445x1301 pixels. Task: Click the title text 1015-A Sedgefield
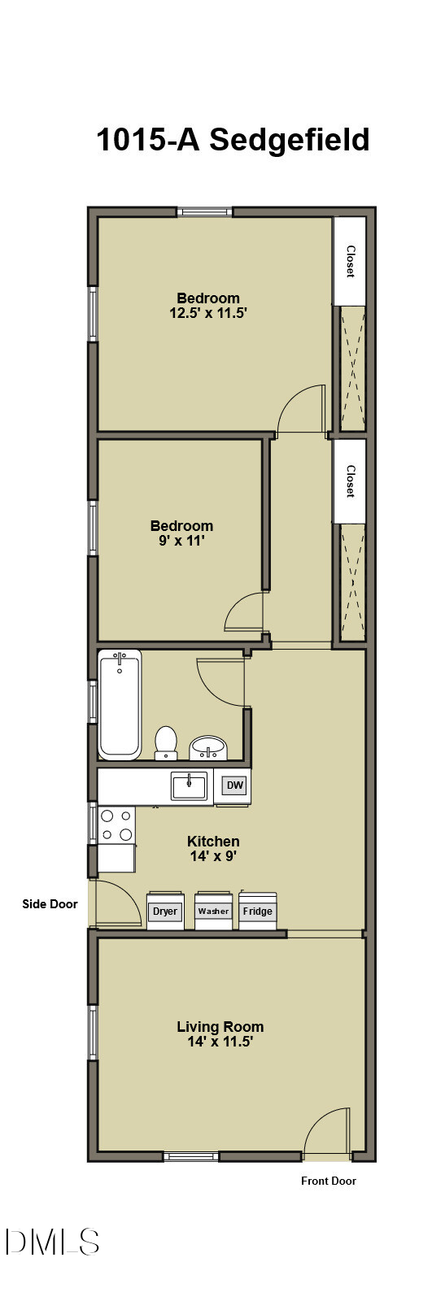coord(233,140)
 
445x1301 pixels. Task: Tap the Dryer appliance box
coord(165,910)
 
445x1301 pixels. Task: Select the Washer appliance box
coord(213,910)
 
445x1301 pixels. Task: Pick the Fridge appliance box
coord(257,910)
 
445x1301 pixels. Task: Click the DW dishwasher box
coord(235,785)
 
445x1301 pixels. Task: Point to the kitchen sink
coord(189,786)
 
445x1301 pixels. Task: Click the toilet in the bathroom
coord(166,742)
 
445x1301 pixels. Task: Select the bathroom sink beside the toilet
coord(208,746)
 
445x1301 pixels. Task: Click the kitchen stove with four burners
coord(116,825)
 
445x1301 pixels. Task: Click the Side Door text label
coord(50,903)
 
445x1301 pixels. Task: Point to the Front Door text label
coord(329,1181)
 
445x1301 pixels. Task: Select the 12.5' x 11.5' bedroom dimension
coord(208,313)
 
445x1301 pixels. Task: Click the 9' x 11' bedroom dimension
coord(181,541)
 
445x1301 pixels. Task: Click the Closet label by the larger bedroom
coord(351,261)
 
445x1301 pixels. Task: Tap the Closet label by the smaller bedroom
coord(351,481)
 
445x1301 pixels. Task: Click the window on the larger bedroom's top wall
coord(205,212)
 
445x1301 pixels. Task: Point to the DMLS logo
coord(53,1242)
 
